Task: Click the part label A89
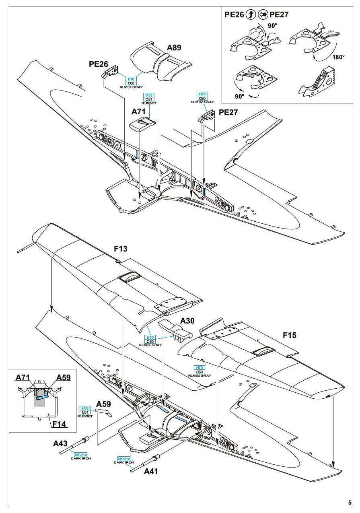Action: [x=174, y=48]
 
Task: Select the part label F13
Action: [x=120, y=249]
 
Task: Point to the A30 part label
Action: [x=188, y=321]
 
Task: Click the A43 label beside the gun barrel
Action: [x=60, y=443]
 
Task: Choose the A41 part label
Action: [x=152, y=472]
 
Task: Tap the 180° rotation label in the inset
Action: [x=338, y=57]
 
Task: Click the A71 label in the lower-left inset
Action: [x=23, y=377]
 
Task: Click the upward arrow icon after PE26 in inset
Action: [x=250, y=15]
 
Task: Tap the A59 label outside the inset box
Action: [x=104, y=404]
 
